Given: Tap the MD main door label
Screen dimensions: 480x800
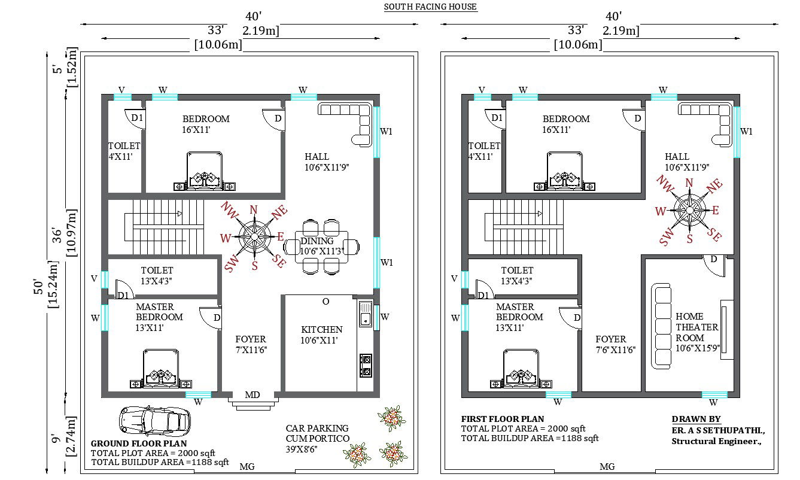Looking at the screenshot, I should (x=253, y=395).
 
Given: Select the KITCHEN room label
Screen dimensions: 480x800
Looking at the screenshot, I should (x=322, y=329).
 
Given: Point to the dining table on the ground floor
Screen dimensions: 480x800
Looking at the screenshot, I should (x=322, y=246).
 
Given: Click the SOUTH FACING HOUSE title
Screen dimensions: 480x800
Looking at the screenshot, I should (x=430, y=7).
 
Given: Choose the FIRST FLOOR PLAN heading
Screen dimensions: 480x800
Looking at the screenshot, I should (x=503, y=419).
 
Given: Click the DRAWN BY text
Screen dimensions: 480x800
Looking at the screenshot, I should (x=696, y=419).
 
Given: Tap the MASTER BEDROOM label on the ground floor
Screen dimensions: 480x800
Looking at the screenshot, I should (x=159, y=312).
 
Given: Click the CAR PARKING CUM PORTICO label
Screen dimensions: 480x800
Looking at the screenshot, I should (x=317, y=433).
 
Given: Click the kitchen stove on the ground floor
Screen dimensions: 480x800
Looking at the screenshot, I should (x=366, y=365).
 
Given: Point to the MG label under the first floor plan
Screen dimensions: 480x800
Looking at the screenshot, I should (x=607, y=467).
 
